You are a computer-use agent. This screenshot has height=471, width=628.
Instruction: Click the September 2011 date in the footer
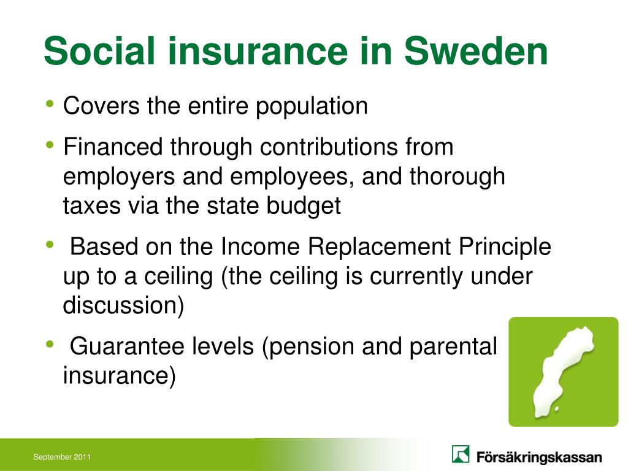(x=62, y=457)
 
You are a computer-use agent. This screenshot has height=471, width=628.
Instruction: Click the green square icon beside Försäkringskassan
(x=461, y=454)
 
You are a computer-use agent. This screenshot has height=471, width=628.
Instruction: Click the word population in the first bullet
(x=312, y=107)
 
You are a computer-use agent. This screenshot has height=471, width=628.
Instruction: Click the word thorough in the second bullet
(x=457, y=177)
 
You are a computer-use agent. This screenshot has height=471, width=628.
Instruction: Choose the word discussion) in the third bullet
(x=123, y=305)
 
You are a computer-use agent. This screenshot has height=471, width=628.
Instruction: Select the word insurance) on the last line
(x=119, y=376)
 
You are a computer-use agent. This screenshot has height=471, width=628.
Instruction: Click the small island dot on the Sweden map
(x=556, y=408)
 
